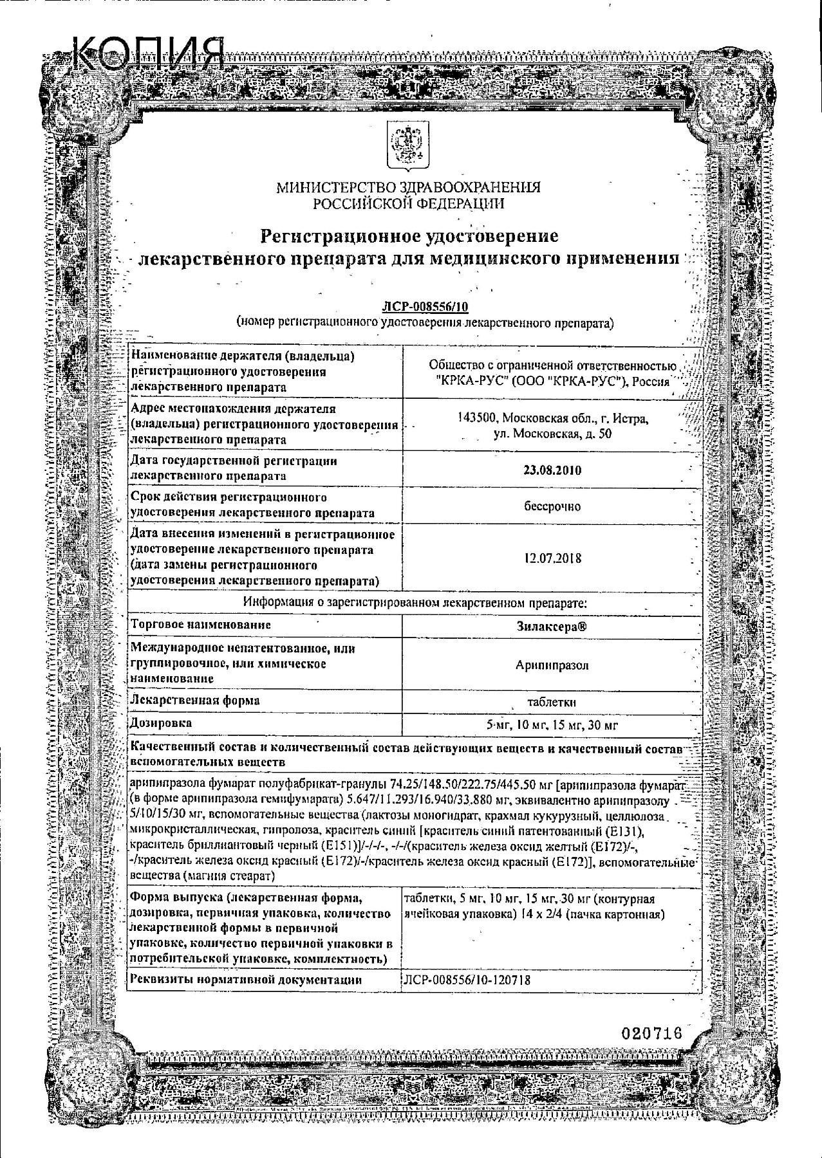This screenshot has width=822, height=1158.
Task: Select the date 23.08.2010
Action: point(552,470)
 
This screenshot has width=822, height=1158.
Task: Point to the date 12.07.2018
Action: point(552,558)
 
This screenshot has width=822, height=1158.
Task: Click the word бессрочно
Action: point(552,507)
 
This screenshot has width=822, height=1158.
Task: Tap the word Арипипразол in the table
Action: point(552,665)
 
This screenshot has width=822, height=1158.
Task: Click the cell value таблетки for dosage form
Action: point(552,702)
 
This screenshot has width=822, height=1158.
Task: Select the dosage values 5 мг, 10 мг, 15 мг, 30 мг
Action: point(552,726)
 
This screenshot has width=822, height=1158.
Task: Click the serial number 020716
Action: point(651,1033)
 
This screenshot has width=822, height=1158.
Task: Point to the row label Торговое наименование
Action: point(200,625)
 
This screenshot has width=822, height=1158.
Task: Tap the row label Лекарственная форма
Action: point(194,700)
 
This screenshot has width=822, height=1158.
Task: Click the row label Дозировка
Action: point(161,723)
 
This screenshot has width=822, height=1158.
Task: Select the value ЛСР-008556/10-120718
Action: point(467,980)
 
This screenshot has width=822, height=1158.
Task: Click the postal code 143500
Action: point(478,419)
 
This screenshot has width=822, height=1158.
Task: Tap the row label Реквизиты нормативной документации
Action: point(245,980)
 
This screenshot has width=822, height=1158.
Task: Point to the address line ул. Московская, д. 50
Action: point(552,434)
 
